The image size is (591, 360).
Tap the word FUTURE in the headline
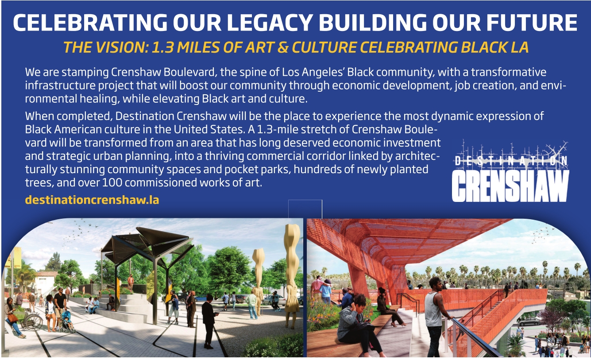532,23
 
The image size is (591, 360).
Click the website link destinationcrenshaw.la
92,200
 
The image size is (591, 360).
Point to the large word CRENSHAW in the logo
510,186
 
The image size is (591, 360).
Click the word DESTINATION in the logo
511,161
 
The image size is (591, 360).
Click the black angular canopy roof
147,242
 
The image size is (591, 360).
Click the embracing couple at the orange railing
321,290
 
